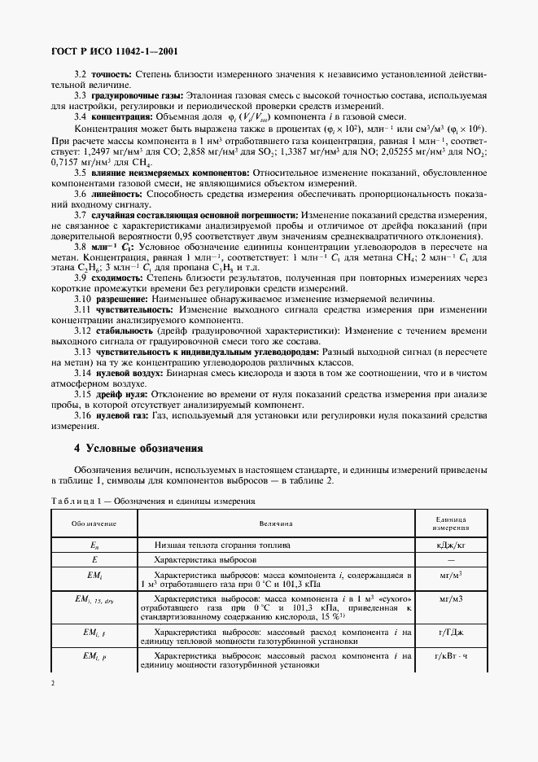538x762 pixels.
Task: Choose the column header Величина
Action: coord(276,523)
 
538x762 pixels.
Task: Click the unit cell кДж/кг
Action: coord(450,544)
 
